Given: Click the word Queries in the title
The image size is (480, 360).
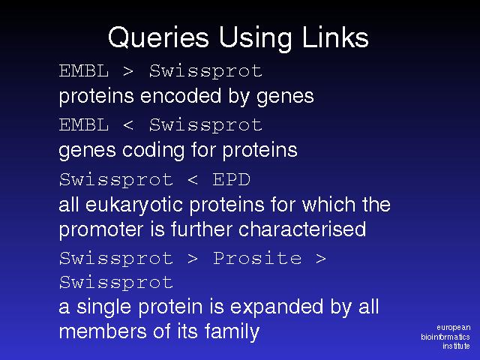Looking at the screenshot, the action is click(x=158, y=37).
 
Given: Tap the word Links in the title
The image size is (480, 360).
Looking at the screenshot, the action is click(x=335, y=37).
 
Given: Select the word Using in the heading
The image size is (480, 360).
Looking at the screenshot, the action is click(x=256, y=38).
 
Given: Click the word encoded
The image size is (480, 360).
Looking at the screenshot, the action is click(x=181, y=96).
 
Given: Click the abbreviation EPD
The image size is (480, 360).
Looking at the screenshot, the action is click(x=232, y=179).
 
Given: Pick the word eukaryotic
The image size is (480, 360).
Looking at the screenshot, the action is click(x=134, y=205).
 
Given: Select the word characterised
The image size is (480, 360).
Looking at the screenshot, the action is click(x=302, y=229).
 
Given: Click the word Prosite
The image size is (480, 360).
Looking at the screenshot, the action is click(x=257, y=258).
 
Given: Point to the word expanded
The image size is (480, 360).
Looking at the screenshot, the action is click(x=277, y=307).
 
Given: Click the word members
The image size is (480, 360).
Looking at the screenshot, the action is click(x=103, y=331).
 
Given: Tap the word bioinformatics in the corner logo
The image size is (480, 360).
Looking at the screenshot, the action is click(x=445, y=337).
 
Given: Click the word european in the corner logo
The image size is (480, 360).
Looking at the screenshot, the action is click(x=453, y=328).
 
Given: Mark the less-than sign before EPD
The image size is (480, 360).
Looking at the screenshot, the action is click(x=193, y=180).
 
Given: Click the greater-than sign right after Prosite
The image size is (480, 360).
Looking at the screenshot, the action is click(x=321, y=259).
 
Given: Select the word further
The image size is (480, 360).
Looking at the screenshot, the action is click(x=202, y=229).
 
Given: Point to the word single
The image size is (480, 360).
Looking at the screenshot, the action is click(x=103, y=307).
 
